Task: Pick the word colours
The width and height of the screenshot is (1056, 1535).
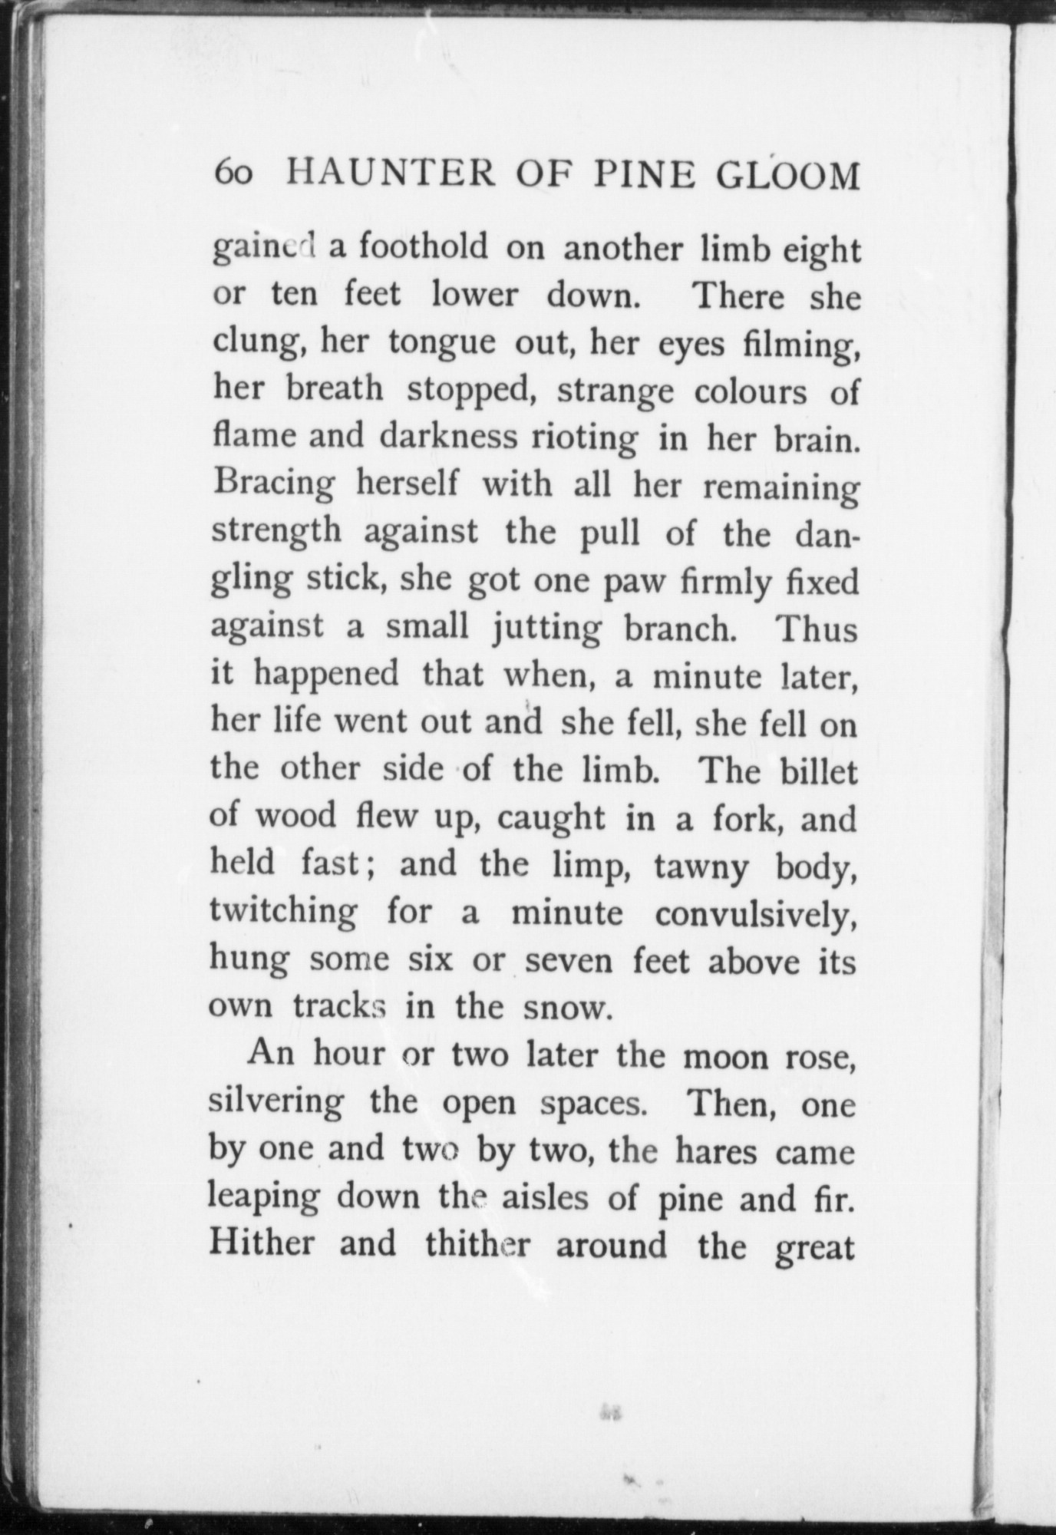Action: click(750, 391)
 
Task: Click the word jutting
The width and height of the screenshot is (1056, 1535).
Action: click(546, 629)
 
